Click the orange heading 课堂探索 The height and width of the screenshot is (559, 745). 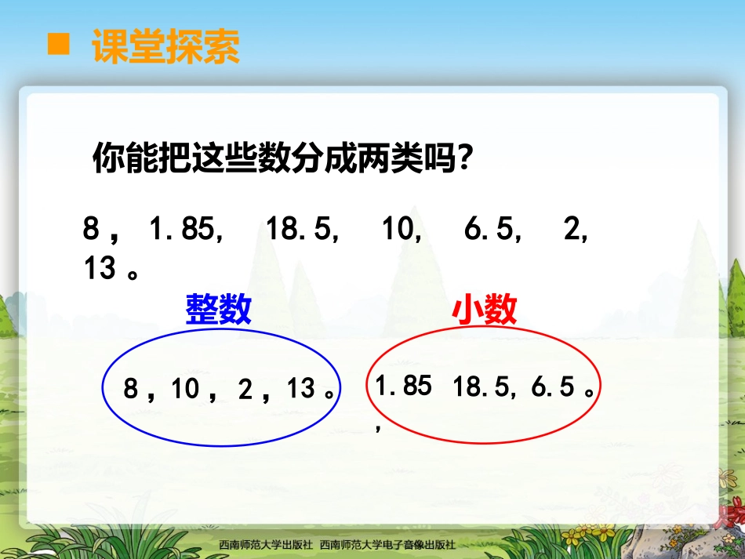click(165, 46)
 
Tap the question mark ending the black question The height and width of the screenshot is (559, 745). click(465, 159)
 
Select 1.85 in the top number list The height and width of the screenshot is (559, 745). click(181, 230)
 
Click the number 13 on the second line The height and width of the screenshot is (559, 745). click(100, 269)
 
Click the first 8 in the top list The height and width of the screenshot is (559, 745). click(92, 230)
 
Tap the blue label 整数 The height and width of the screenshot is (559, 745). click(218, 310)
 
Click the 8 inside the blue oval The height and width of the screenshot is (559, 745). click(131, 389)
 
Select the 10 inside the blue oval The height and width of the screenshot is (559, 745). click(186, 389)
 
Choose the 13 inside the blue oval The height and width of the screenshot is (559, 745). click(300, 389)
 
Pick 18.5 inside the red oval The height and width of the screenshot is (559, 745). click(479, 387)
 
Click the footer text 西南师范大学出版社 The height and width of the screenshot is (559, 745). click(266, 544)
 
